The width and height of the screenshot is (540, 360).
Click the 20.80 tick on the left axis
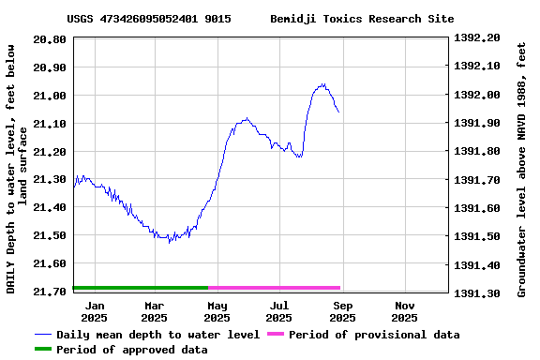[x=49, y=39]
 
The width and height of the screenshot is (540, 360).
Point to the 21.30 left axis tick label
[x=49, y=179]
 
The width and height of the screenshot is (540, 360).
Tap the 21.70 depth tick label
[x=49, y=292]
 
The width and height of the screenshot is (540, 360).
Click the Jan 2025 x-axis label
[x=95, y=311]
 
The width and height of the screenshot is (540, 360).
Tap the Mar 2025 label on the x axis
[x=155, y=311]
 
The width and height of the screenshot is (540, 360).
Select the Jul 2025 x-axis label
[x=279, y=311]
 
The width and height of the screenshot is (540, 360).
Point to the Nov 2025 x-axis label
[x=404, y=311]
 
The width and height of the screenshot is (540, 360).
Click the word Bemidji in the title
[x=293, y=19]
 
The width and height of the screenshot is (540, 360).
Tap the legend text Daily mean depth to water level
[x=157, y=335]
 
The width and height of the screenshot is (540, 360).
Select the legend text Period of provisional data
[x=374, y=335]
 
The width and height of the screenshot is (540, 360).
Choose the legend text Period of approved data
[x=131, y=350]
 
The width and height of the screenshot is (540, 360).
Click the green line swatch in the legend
[x=43, y=350]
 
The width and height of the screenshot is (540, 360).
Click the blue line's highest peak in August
[x=322, y=84]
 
